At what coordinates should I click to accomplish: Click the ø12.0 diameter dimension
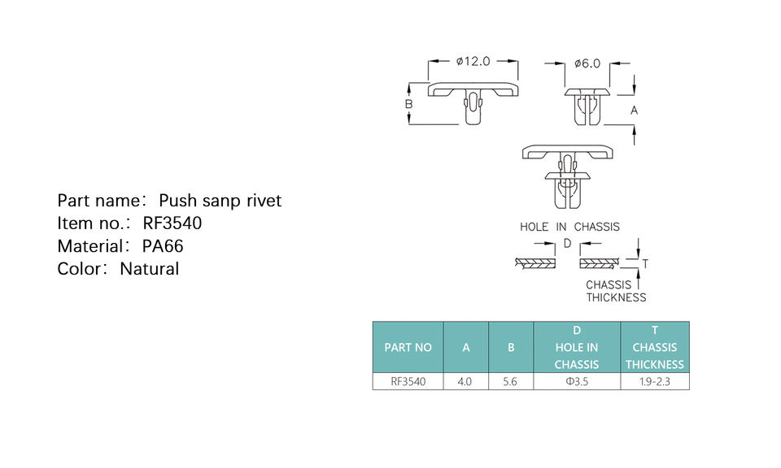pyautogui.click(x=473, y=61)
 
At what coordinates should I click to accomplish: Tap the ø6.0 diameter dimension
pyautogui.click(x=587, y=63)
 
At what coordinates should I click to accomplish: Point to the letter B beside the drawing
pyautogui.click(x=409, y=104)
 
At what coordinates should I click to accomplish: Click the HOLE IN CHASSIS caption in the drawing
pyautogui.click(x=569, y=227)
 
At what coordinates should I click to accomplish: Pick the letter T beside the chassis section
pyautogui.click(x=645, y=263)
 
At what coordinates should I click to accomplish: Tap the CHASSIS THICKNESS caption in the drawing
pyautogui.click(x=616, y=291)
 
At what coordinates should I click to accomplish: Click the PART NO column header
pyautogui.click(x=408, y=347)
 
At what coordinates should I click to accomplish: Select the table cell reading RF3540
pyautogui.click(x=408, y=381)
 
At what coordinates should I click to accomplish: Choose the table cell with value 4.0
pyautogui.click(x=465, y=381)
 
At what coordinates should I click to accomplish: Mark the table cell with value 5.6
pyautogui.click(x=511, y=381)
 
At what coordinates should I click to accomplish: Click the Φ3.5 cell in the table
pyautogui.click(x=577, y=381)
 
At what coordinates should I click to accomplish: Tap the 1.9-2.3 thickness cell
pyautogui.click(x=655, y=381)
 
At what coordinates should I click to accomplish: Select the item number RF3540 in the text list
pyautogui.click(x=172, y=223)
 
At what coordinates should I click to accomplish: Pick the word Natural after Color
pyautogui.click(x=149, y=269)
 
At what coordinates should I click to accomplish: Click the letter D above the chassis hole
pyautogui.click(x=567, y=244)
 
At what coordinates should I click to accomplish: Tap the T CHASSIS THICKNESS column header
pyautogui.click(x=655, y=347)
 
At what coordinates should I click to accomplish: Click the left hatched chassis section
pyautogui.click(x=534, y=263)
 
